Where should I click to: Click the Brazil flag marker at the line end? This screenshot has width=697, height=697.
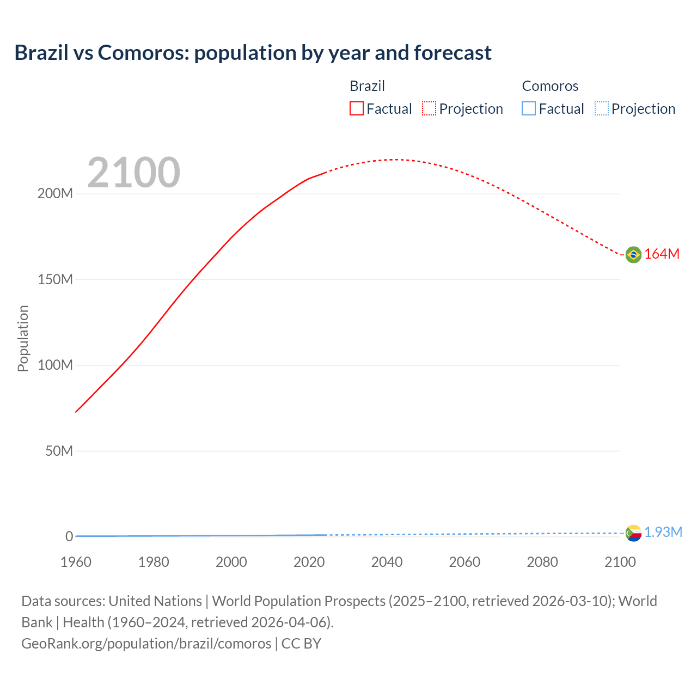click(x=633, y=254)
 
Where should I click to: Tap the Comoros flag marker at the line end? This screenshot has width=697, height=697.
click(x=633, y=533)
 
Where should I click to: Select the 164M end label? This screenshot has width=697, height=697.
click(x=662, y=254)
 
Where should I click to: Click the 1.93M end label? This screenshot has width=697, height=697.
click(x=663, y=533)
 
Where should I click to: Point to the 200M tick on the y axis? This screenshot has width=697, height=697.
click(x=55, y=194)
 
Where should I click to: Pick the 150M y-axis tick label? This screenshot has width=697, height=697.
click(x=55, y=280)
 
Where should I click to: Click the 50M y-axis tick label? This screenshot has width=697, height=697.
click(x=59, y=451)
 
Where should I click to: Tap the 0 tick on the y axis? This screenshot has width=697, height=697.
click(x=69, y=536)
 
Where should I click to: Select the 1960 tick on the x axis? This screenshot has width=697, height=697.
click(x=76, y=562)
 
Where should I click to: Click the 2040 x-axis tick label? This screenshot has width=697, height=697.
click(x=387, y=562)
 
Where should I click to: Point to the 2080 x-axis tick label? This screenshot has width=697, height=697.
click(x=542, y=562)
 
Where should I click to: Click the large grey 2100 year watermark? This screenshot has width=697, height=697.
click(x=133, y=173)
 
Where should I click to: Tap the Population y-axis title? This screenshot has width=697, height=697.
click(x=23, y=338)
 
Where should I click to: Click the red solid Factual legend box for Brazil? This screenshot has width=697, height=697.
click(x=357, y=109)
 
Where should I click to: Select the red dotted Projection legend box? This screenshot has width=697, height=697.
click(x=429, y=109)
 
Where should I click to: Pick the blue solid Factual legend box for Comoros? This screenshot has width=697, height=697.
click(x=529, y=109)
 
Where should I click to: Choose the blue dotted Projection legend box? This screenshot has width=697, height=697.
click(x=601, y=109)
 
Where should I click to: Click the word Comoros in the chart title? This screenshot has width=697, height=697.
click(x=143, y=53)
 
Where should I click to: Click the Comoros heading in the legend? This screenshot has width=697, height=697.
click(x=550, y=86)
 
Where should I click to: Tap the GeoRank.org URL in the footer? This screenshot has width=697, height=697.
click(x=146, y=644)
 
